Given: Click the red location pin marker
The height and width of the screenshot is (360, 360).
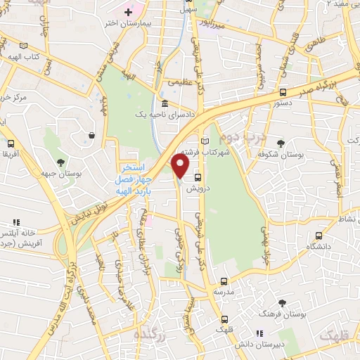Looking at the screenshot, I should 181,166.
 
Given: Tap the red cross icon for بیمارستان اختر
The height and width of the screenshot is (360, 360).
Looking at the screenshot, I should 127,13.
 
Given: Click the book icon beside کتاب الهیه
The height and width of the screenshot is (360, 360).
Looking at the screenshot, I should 25,45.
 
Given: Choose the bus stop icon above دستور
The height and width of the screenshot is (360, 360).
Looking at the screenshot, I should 283,92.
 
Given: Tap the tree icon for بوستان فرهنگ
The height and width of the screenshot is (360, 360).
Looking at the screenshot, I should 282,302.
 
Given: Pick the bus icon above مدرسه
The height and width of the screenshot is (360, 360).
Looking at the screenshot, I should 224,281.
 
